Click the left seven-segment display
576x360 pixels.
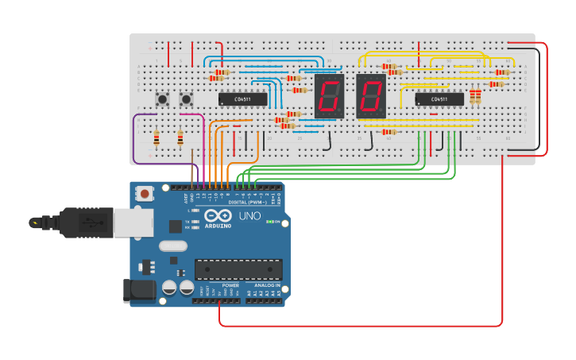pyautogui.click(x=329, y=96)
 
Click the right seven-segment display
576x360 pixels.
pyautogui.click(x=370, y=96)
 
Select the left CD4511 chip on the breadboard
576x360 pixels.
pyautogui.click(x=242, y=99)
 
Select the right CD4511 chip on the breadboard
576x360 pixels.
pyautogui.click(x=439, y=99)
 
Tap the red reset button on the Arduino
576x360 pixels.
pyautogui.click(x=145, y=193)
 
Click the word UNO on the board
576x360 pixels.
pyautogui.click(x=250, y=216)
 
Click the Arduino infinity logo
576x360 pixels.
pyautogui.click(x=218, y=215)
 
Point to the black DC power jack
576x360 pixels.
pyautogui.click(x=140, y=290)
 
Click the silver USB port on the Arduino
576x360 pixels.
pyautogui.click(x=133, y=223)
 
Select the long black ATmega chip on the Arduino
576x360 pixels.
pyautogui.click(x=238, y=269)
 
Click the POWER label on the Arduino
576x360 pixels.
pyautogui.click(x=230, y=285)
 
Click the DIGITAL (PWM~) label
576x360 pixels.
pyautogui.click(x=248, y=203)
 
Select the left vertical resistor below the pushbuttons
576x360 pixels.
pyautogui.click(x=157, y=138)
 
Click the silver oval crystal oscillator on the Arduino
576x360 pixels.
pyautogui.click(x=172, y=246)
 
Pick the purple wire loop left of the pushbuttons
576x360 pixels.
pyautogui.click(x=134, y=140)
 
